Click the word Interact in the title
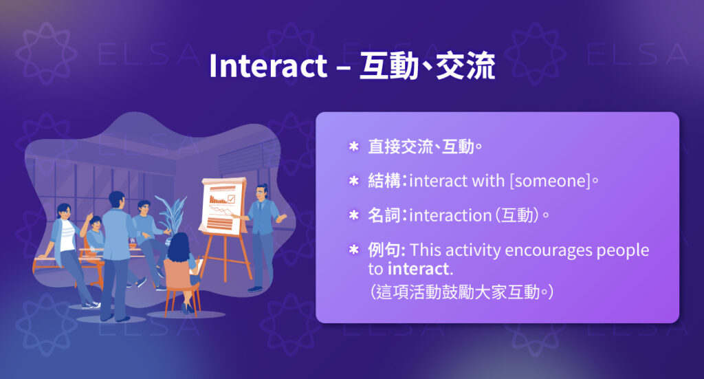267,67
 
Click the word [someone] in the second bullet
549,181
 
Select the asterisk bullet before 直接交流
354,147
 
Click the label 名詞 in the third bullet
385,215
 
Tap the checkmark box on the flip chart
232,199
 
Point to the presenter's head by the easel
262,191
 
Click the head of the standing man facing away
117,199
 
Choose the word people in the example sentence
623,250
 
